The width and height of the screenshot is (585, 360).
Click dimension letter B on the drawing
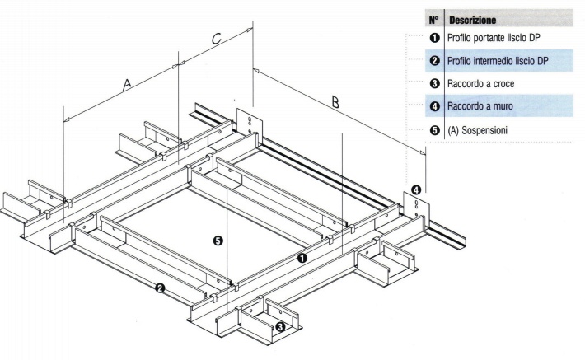pyautogui.click(x=335, y=102)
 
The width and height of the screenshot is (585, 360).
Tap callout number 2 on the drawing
pyautogui.click(x=159, y=288)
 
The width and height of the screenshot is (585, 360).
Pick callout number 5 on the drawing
pyautogui.click(x=217, y=241)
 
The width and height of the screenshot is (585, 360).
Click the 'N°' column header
pyautogui.click(x=434, y=16)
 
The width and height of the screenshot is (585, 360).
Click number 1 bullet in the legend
pyautogui.click(x=434, y=37)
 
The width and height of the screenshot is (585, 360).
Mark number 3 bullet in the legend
pyautogui.click(x=434, y=84)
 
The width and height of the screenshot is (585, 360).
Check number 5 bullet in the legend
pyautogui.click(x=434, y=129)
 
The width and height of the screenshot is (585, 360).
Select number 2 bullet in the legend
pyautogui.click(x=434, y=61)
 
